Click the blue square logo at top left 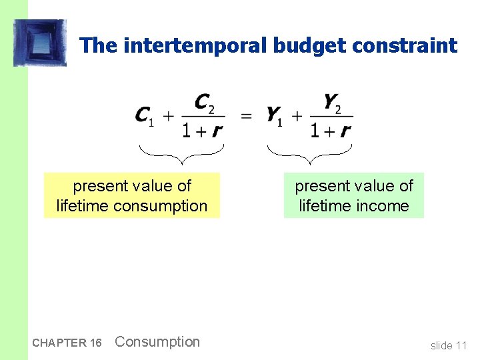tap(40, 43)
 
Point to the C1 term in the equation tap(144, 116)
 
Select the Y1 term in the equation tap(273, 116)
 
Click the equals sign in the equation tap(247, 116)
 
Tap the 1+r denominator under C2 tap(203, 130)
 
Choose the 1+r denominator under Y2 tap(331, 130)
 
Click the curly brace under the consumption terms tap(181, 154)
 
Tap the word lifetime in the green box tap(325, 206)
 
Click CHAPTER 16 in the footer tap(67, 343)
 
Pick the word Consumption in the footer tap(157, 342)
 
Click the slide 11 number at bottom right tap(449, 345)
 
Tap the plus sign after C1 tap(169, 116)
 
